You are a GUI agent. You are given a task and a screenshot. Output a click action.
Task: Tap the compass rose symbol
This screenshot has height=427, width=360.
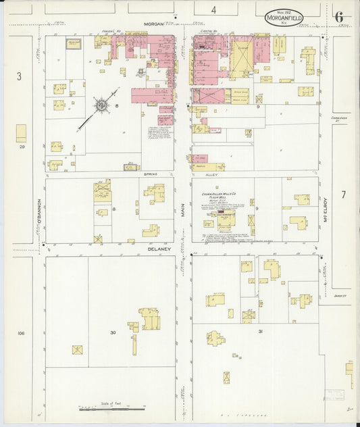101,105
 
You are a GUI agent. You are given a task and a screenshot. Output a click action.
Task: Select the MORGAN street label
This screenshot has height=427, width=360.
154,24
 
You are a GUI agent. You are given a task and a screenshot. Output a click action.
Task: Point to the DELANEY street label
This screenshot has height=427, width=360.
160,249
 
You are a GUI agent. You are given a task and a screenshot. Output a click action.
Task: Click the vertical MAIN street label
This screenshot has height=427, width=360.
182,211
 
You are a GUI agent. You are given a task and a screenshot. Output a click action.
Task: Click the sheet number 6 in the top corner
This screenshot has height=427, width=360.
338,16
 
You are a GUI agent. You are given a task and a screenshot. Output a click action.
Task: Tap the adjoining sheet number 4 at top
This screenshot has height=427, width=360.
213,9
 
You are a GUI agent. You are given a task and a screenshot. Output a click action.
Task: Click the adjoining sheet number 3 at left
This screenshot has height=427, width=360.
19,77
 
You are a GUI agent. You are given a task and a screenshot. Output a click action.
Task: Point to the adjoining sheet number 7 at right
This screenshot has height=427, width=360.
343,195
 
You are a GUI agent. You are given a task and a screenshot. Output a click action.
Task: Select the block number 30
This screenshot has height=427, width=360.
113,332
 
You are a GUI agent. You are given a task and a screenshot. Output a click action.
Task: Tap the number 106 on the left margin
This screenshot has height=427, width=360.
21,333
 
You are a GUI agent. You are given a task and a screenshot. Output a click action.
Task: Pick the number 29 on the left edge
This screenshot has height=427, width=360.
22,147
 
